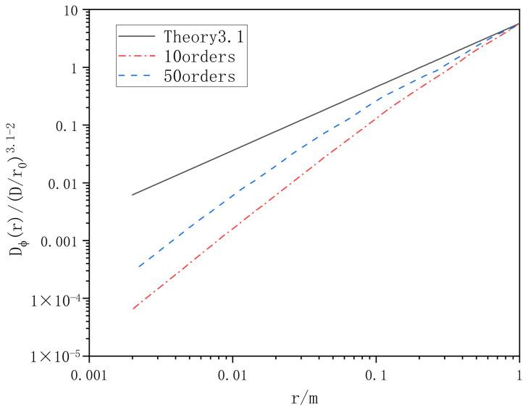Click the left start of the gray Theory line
coord(132,195)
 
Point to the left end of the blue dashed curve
coord(138,267)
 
